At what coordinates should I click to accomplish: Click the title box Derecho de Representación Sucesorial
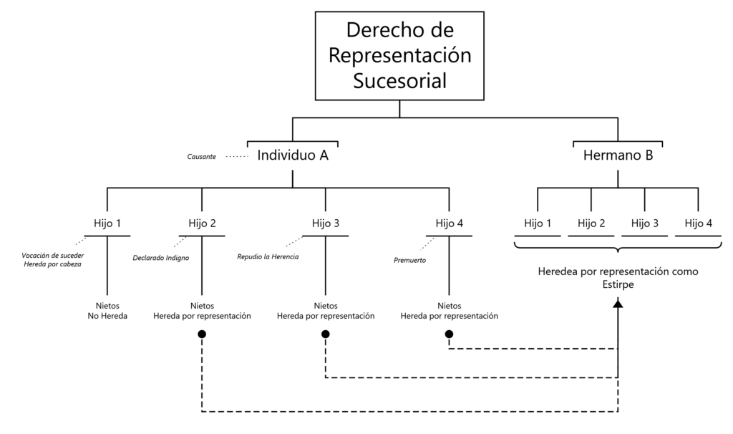click(399, 55)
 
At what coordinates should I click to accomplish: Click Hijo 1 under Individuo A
click(107, 223)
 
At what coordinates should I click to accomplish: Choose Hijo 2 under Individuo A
click(202, 223)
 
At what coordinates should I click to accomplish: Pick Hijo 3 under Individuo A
click(326, 223)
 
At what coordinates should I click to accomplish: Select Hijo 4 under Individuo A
click(449, 223)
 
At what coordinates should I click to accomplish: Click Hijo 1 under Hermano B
click(538, 223)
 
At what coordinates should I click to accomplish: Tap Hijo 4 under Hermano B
click(698, 223)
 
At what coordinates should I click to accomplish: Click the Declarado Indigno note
click(161, 258)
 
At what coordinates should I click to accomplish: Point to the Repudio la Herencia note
click(267, 256)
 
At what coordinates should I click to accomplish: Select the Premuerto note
click(410, 260)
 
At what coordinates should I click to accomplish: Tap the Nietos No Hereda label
click(107, 310)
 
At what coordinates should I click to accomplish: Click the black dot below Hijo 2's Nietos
click(202, 334)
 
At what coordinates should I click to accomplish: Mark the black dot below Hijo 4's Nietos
click(449, 334)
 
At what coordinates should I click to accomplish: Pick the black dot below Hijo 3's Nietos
click(326, 334)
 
